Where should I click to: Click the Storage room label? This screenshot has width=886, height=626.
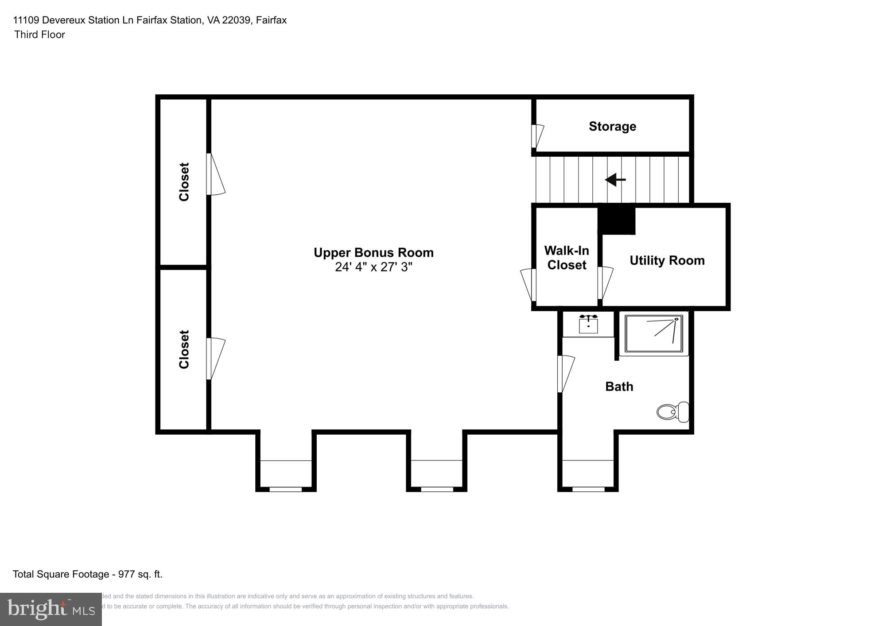[612, 127]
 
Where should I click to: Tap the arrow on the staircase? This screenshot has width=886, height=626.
[615, 180]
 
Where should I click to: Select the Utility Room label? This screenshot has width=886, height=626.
[667, 260]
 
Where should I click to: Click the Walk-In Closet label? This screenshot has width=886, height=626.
[567, 258]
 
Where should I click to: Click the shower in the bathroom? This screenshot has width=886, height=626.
[654, 333]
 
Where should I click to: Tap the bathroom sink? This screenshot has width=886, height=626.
[588, 325]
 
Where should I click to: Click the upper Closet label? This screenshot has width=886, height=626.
[184, 182]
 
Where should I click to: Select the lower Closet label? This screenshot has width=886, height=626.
[184, 349]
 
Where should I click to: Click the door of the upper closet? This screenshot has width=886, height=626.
[216, 174]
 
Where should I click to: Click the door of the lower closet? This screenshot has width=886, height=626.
[216, 359]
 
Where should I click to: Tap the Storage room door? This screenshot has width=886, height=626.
[537, 136]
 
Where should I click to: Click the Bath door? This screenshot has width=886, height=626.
[566, 374]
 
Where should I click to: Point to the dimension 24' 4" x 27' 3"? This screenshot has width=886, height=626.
[373, 267]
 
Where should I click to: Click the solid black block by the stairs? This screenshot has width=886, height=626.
[617, 220]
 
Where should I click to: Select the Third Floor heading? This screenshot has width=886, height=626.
[39, 35]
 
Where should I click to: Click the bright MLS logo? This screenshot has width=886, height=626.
[51, 609]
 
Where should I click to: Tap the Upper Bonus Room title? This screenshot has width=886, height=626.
[373, 252]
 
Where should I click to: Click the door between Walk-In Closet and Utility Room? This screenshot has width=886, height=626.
[605, 283]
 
